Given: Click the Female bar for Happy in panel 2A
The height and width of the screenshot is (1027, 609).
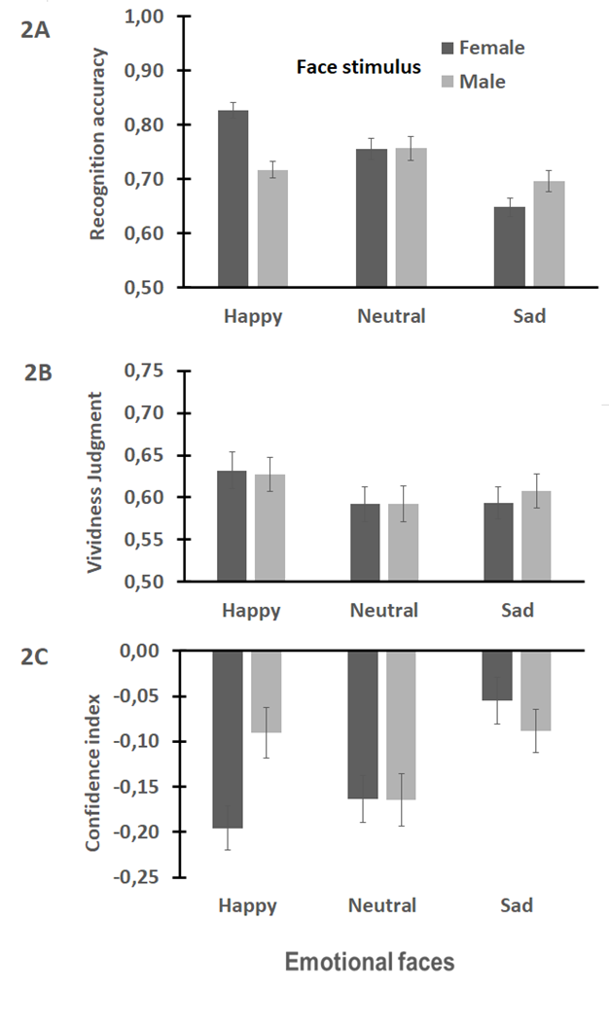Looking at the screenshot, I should [233, 199].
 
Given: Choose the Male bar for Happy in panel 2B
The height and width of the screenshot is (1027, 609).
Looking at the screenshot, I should [269, 528].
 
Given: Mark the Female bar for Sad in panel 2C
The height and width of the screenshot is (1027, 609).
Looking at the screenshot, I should [498, 675].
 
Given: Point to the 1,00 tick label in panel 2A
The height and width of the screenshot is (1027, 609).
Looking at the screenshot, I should [146, 17].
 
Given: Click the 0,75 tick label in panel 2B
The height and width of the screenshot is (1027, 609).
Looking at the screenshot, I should [146, 371].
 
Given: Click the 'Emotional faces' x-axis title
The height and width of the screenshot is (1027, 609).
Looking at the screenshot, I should [370, 962].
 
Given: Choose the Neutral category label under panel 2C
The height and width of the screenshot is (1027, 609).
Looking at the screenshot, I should [381, 905].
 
